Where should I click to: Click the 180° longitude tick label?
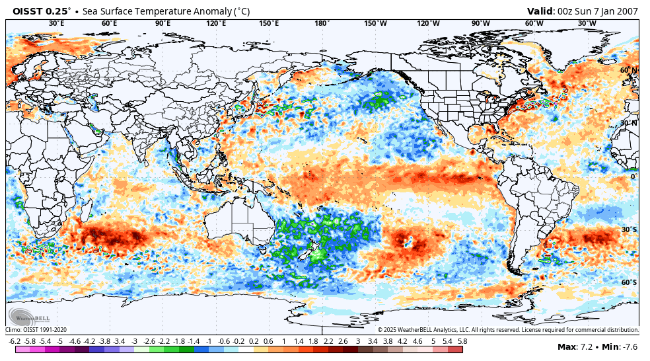pyautogui.click(x=322, y=23)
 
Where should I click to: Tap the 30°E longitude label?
pyautogui.click(x=57, y=23)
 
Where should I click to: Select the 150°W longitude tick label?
pyautogui.click(x=375, y=23)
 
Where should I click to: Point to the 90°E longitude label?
pyautogui.click(x=163, y=23)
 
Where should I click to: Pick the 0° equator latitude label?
pyautogui.click(x=633, y=177)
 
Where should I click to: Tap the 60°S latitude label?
pyautogui.click(x=629, y=282)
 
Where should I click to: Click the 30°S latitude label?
pyautogui.click(x=629, y=229)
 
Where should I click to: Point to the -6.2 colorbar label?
pyautogui.click(x=15, y=341)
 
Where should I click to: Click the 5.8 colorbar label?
pyautogui.click(x=462, y=341)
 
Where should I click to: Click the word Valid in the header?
pyautogui.click(x=540, y=11)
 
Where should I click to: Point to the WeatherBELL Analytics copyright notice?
pyautogui.click(x=508, y=329)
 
